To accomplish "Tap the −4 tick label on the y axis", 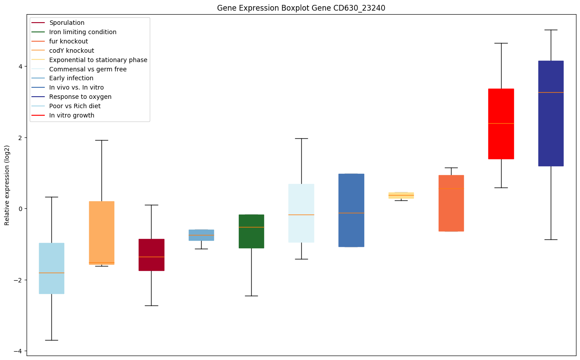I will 19,351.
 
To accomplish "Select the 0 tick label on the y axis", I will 21,209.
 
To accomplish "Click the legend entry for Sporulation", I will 67,23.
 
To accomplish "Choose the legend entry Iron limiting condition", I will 83,32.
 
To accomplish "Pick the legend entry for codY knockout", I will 72,51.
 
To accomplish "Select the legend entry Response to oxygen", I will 80,97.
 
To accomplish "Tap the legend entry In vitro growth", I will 72,115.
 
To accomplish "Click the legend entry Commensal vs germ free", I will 88,69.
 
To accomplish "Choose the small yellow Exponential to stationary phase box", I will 401,196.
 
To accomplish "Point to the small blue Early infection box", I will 201,235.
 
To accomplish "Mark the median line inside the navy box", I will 551,92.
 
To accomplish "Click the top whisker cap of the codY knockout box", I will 101,140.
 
